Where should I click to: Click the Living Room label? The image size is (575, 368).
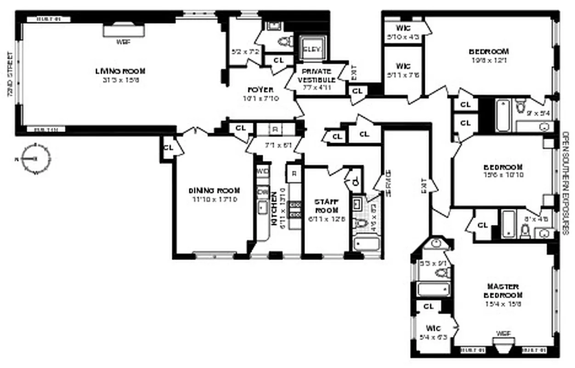click(120, 71)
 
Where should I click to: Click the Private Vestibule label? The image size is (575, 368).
click(316, 75)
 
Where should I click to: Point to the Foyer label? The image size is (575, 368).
click(260, 90)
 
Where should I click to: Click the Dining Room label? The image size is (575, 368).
click(214, 191)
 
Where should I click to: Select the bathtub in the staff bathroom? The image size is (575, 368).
click(366, 243)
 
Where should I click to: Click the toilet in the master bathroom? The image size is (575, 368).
click(441, 273)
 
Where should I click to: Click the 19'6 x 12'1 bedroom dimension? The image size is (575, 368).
click(488, 59)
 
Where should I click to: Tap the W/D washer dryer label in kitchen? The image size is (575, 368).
click(263, 171)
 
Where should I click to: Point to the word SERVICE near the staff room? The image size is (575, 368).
click(389, 184)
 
